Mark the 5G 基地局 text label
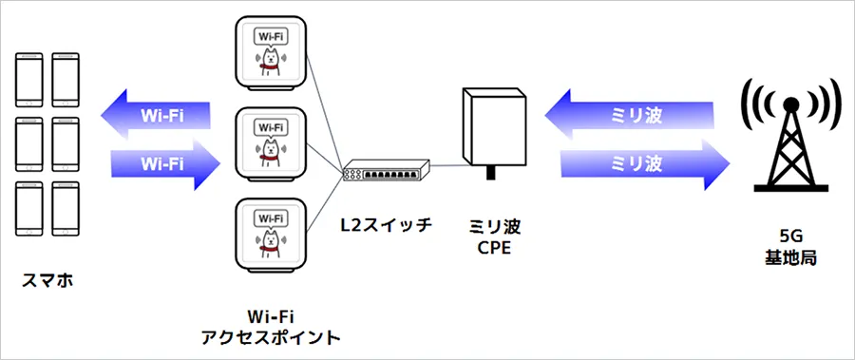pyautogui.click(x=789, y=249)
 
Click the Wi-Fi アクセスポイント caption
pyautogui.click(x=270, y=326)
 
